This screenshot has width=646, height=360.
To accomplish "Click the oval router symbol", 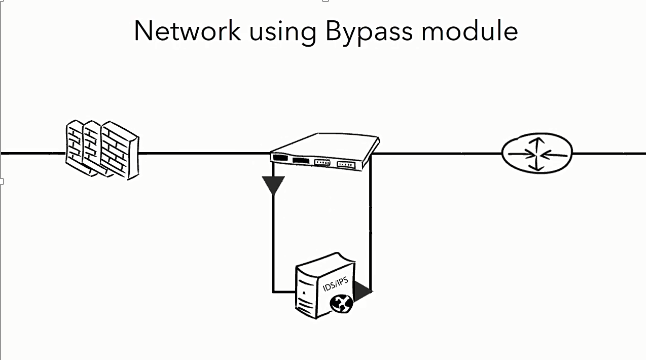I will [538, 154].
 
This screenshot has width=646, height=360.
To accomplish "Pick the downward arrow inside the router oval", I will [538, 165].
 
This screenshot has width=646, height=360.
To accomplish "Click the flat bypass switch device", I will [324, 150].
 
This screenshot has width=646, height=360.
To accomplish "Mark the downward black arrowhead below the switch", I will [272, 185].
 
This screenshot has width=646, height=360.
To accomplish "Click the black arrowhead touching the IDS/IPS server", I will [362, 291].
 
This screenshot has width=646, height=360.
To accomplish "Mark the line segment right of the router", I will [610, 154].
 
